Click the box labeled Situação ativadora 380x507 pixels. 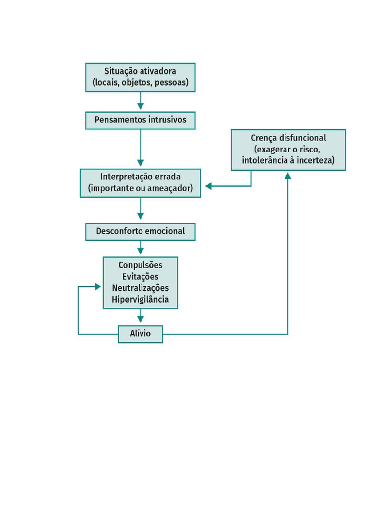click(x=140, y=77)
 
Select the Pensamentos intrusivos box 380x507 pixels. click(x=140, y=120)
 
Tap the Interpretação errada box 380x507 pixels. click(x=140, y=183)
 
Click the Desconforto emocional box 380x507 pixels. click(x=140, y=231)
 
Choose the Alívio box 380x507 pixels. click(x=140, y=334)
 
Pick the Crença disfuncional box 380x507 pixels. click(x=288, y=150)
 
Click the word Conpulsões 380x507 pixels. click(x=140, y=265)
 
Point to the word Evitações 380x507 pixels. click(x=140, y=277)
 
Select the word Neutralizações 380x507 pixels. click(x=140, y=288)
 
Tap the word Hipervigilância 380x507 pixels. click(x=140, y=300)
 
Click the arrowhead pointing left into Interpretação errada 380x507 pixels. click(x=209, y=186)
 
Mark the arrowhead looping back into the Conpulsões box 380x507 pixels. click(x=98, y=287)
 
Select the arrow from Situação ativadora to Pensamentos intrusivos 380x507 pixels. click(x=140, y=101)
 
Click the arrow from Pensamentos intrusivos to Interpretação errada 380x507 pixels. click(x=140, y=149)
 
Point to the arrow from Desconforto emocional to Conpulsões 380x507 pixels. click(x=140, y=248)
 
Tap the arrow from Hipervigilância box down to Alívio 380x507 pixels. click(x=140, y=316)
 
